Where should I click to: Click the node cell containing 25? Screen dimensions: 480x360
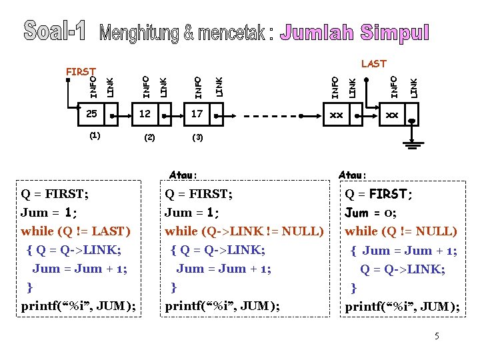click(91, 115)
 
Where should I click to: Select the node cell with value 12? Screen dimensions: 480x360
click(145, 115)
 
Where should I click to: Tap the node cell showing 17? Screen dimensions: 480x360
click(196, 115)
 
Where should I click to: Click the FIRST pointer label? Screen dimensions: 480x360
click(79, 71)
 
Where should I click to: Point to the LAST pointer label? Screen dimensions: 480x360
click(373, 64)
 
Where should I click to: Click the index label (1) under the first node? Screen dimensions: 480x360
click(95, 135)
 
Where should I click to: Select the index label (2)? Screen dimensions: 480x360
click(149, 138)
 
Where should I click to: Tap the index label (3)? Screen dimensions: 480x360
click(197, 138)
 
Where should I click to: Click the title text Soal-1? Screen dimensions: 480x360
click(56, 30)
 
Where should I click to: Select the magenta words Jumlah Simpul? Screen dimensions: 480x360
click(355, 32)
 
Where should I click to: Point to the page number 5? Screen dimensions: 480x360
click(437, 336)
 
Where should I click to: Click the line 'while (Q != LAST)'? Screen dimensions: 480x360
click(76, 231)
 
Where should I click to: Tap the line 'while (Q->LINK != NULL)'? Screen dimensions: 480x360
click(244, 231)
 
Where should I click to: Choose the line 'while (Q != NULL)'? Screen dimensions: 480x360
click(401, 231)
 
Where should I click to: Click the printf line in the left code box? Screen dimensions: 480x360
click(78, 306)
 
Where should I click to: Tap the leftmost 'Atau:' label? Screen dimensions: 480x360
click(183, 175)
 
